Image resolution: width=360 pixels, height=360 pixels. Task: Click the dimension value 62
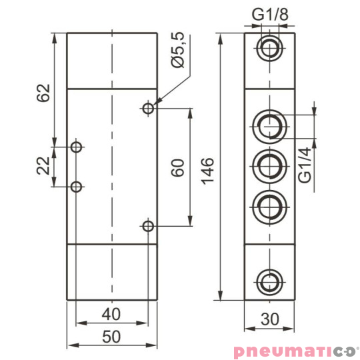coord(42,91)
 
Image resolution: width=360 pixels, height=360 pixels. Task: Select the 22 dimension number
coord(42,166)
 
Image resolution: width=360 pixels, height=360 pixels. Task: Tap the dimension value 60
coord(177,167)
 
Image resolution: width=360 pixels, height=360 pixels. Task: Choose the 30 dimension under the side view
coord(269,319)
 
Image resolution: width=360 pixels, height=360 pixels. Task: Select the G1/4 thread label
coord(305,166)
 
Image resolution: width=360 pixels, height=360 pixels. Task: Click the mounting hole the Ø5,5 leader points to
coord(149,107)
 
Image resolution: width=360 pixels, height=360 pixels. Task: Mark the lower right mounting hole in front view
coord(149,227)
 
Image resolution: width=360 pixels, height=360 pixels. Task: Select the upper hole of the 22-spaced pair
coord(77,146)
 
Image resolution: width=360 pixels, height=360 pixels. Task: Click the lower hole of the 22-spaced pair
coord(77,187)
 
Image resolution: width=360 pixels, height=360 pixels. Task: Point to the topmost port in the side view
coord(269,48)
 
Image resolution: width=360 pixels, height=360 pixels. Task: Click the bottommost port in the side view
coord(269,279)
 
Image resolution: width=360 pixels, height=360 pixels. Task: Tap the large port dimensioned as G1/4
coord(269,124)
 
